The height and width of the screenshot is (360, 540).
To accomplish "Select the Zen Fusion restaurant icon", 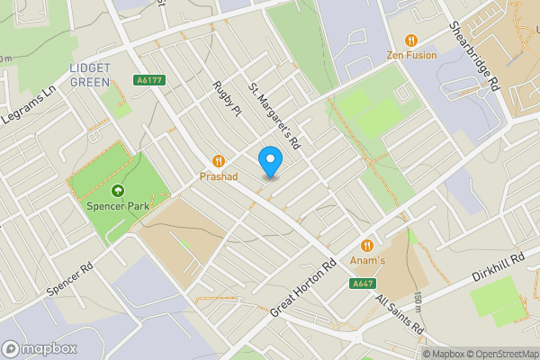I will click(411, 40).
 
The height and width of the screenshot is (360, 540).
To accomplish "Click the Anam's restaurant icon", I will click(367, 245).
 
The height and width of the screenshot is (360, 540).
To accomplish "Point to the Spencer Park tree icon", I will click(117, 191).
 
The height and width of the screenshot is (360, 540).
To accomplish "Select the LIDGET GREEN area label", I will click(89, 75).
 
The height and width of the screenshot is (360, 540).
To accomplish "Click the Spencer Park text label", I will click(117, 206).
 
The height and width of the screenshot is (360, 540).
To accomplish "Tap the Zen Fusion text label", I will click(411, 55).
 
